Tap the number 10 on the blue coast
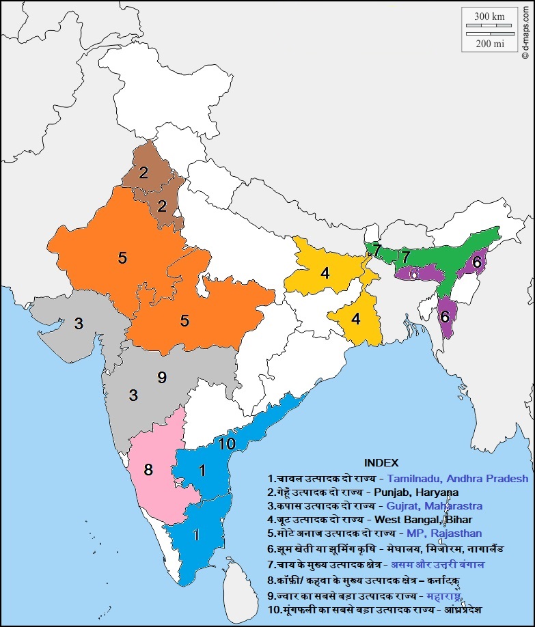[228, 444]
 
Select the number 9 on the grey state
[162, 376]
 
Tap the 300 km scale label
[490, 16]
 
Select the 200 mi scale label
[490, 44]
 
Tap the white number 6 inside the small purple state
[415, 273]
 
